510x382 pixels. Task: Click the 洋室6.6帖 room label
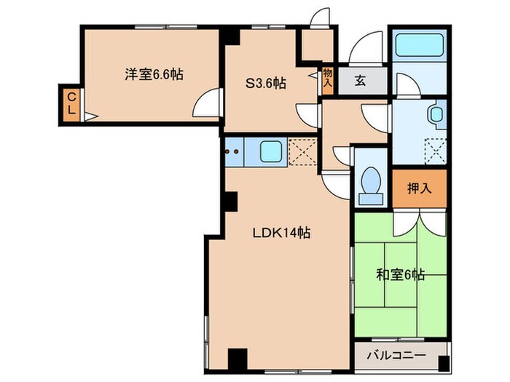(154, 75)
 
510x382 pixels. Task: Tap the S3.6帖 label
(266, 84)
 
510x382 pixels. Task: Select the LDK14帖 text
(282, 233)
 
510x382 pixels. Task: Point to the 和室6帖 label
(401, 275)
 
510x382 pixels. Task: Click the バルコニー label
(396, 355)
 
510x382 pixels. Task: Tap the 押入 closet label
(420, 188)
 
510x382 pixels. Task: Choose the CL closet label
(71, 103)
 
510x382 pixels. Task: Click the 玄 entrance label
(361, 81)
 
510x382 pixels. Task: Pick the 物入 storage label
(328, 78)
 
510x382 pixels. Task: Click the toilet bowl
(371, 186)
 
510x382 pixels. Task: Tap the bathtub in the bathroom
(420, 45)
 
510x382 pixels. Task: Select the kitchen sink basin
(270, 151)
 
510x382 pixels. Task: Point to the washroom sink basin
(436, 114)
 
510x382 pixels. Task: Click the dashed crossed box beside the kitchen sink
(302, 151)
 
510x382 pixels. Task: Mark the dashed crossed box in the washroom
(436, 151)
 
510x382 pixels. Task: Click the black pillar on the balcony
(444, 364)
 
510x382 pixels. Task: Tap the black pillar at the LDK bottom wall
(238, 359)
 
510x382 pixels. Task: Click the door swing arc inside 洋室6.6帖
(205, 103)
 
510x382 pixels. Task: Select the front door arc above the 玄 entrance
(366, 46)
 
